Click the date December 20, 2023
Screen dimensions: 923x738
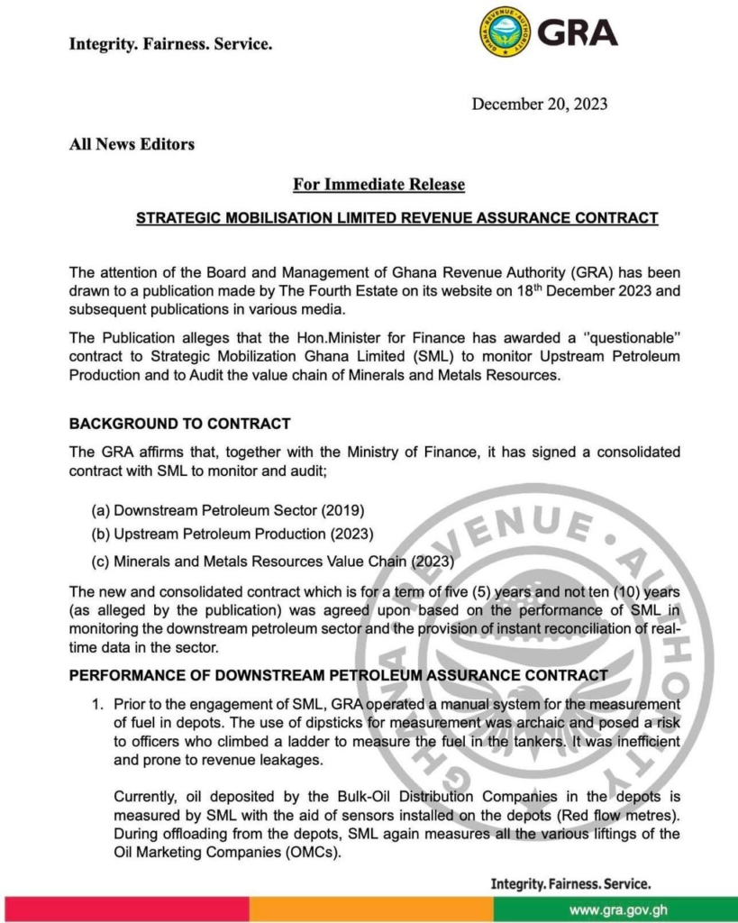(x=539, y=104)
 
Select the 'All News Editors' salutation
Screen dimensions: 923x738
(x=132, y=144)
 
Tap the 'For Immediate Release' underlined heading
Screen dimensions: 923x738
(x=378, y=185)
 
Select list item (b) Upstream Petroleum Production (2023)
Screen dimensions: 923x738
(x=232, y=535)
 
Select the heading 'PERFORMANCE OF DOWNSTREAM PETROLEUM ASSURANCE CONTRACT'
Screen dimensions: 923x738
(x=338, y=675)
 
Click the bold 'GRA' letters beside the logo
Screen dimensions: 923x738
(x=578, y=32)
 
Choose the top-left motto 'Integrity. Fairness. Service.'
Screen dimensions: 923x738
(x=170, y=43)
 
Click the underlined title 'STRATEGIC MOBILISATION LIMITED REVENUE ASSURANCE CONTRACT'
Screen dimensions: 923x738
(x=396, y=218)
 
